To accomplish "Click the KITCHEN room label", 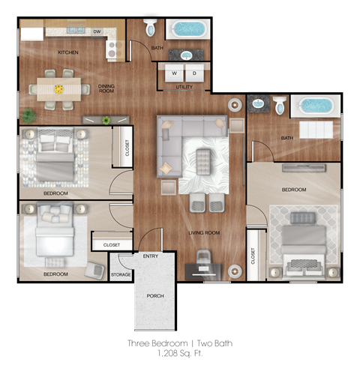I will (69, 52).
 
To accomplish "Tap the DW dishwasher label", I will (97, 32).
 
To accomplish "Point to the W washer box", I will (174, 73).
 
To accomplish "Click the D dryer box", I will (193, 73).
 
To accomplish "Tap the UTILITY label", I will (184, 88).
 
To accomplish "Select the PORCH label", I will (155, 296).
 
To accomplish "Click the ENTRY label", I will (150, 257).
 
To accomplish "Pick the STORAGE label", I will (121, 275).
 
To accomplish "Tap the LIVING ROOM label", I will (204, 233).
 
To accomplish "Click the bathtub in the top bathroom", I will (188, 31).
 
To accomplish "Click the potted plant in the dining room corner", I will (28, 116).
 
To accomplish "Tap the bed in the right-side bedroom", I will (302, 241).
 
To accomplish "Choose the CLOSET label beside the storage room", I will (112, 244).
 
